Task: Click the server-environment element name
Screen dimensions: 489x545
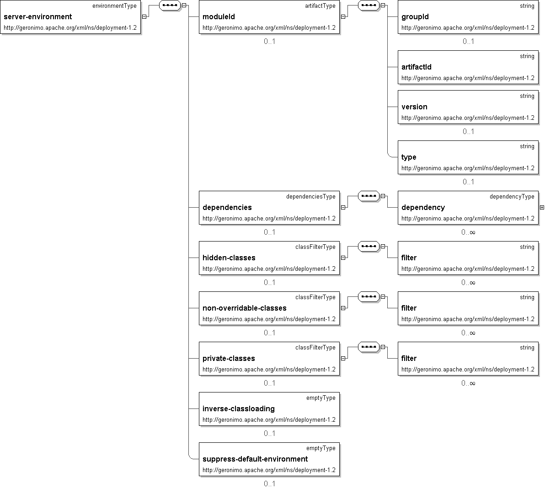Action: click(x=37, y=17)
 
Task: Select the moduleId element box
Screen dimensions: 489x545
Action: click(x=269, y=17)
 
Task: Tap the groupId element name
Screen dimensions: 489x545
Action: click(x=415, y=17)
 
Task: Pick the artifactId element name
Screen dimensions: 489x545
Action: click(x=416, y=67)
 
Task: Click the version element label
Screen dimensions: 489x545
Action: click(x=414, y=107)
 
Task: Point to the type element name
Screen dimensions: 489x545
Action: click(x=409, y=157)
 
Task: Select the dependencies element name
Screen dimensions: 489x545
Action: click(x=227, y=208)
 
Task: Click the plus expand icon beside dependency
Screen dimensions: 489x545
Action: click(x=542, y=208)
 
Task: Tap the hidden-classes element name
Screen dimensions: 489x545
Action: click(x=229, y=258)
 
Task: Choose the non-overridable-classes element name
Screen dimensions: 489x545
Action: click(x=244, y=308)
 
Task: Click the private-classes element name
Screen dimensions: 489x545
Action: click(x=229, y=359)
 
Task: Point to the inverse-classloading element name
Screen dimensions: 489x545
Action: click(x=238, y=409)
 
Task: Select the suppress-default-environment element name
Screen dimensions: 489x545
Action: click(x=255, y=459)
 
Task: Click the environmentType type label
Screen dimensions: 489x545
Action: click(x=114, y=6)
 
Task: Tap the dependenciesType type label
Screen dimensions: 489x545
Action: click(x=310, y=197)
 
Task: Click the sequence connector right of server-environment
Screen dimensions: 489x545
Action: click(x=169, y=5)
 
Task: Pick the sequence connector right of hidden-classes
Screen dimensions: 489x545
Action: click(x=369, y=247)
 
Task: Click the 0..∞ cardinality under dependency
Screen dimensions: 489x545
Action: click(x=468, y=232)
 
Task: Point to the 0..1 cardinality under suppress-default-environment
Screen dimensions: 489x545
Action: click(x=269, y=484)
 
